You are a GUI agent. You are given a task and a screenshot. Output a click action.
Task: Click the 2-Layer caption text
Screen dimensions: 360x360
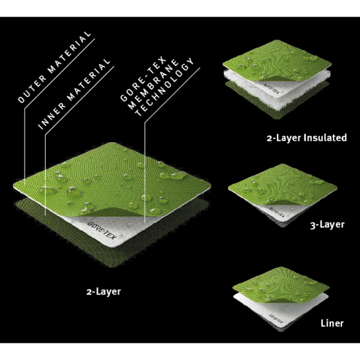(104, 292)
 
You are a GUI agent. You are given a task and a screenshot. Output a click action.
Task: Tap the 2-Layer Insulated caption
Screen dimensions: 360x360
(307, 138)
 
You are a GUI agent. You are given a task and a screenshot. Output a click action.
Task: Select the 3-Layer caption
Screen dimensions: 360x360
(327, 224)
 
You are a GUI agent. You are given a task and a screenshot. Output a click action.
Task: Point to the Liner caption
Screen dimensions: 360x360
(332, 323)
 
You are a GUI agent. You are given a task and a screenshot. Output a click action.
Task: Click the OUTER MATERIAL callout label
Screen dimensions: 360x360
(55, 67)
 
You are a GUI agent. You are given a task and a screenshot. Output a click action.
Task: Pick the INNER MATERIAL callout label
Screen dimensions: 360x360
(74, 94)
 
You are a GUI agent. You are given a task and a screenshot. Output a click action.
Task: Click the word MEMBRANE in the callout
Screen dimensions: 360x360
(153, 84)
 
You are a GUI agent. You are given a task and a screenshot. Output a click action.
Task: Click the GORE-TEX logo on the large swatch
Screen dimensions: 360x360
(102, 230)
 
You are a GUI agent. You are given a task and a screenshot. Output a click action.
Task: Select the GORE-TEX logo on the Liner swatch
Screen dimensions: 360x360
(276, 318)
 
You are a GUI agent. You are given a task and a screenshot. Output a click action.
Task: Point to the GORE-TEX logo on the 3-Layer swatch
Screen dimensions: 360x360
(276, 213)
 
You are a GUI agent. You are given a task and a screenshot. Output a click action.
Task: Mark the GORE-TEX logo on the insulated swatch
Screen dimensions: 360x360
(271, 89)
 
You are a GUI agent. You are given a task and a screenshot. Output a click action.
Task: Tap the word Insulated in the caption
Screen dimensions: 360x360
(325, 138)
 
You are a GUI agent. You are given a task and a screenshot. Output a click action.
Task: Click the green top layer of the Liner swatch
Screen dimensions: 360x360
(280, 284)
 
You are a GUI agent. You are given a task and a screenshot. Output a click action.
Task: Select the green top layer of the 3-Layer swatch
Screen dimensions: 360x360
(282, 184)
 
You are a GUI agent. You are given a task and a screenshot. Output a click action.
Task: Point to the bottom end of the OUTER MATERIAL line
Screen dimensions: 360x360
(24, 185)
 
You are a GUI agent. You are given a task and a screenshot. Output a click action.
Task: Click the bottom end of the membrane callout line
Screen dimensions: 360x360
(145, 222)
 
